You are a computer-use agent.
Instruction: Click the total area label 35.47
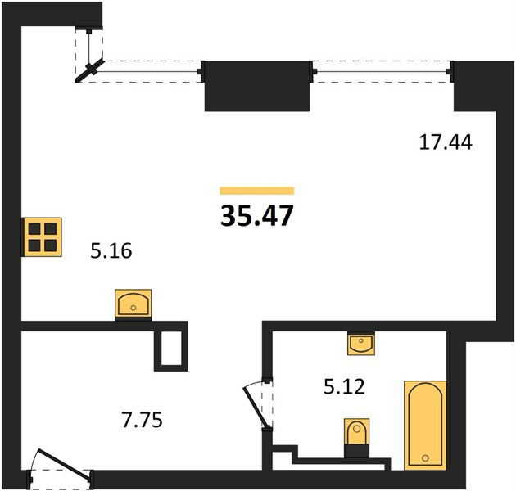pos(256,216)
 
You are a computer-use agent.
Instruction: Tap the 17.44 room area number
pos(446,142)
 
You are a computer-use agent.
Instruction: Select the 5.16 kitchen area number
pos(111,250)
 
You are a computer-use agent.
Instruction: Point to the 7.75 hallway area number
pos(143,421)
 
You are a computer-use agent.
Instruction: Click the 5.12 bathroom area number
pos(344,386)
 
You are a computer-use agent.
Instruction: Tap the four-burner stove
pos(42,236)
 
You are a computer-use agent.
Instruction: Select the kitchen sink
pos(134,304)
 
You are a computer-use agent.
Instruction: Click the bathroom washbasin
pos(361,344)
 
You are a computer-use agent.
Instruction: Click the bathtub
pos(425,426)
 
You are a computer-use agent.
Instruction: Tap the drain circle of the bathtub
pos(425,457)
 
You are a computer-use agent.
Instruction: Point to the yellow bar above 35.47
pos(256,191)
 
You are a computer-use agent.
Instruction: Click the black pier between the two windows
pos(257,86)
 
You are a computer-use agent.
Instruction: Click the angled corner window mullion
pos(90,70)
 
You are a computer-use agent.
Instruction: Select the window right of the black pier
pos(381,71)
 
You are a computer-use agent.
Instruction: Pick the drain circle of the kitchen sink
pos(134,309)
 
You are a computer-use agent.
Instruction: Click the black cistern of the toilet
pos(357,450)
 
